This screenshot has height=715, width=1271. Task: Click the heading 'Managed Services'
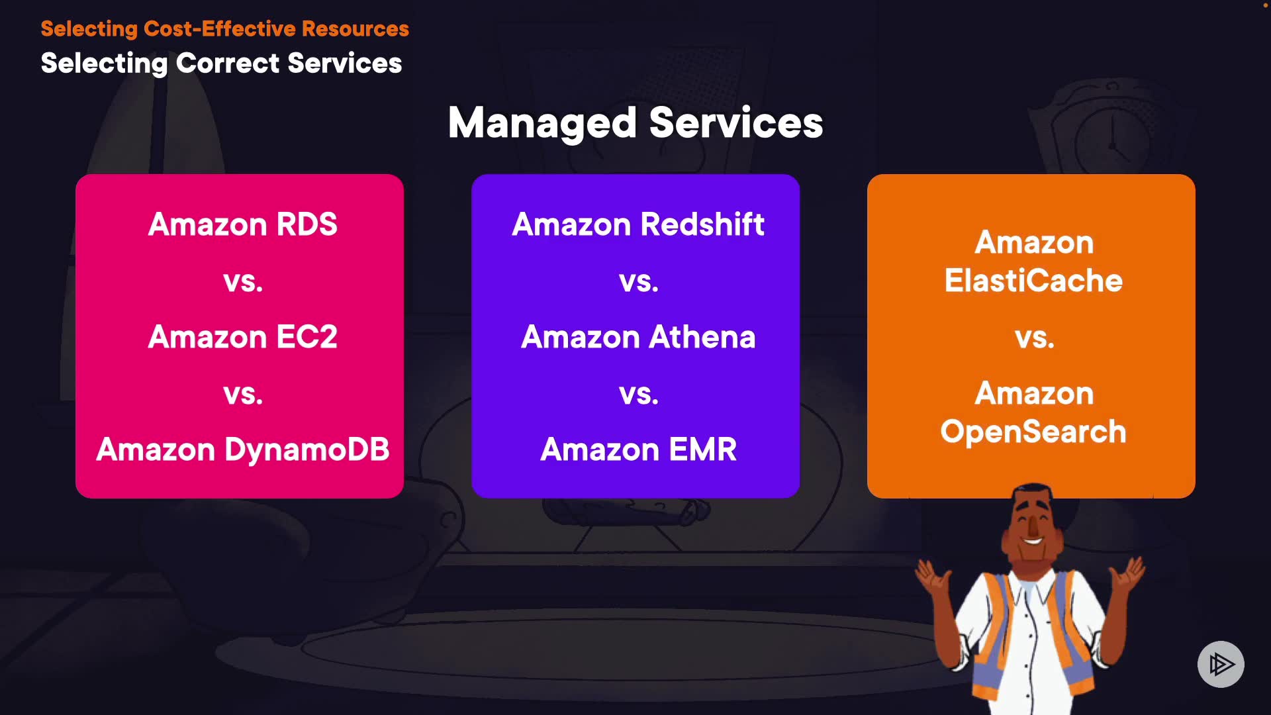(x=635, y=123)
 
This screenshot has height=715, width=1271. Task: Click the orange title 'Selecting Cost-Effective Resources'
(x=224, y=28)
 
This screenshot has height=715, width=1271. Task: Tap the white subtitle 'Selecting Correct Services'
(x=221, y=64)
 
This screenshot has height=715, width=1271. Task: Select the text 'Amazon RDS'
(x=243, y=224)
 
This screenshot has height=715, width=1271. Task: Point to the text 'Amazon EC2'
(x=243, y=337)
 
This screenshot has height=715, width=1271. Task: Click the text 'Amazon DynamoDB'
(x=243, y=450)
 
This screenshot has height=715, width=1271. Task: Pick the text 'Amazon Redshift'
(x=638, y=224)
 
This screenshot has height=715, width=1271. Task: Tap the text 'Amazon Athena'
(x=638, y=337)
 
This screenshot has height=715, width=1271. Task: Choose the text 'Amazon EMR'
(x=638, y=450)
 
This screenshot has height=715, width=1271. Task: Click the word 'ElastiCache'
(x=1033, y=281)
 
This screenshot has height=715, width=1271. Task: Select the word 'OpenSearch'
(x=1033, y=432)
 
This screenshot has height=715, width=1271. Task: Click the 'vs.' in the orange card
(x=1034, y=338)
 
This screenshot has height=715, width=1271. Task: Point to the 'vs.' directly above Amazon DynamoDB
(x=243, y=395)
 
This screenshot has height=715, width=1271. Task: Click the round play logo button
(x=1221, y=664)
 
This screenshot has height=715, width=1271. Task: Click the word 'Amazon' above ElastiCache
(x=1034, y=242)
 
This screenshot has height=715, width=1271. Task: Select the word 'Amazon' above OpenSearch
(x=1034, y=393)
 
